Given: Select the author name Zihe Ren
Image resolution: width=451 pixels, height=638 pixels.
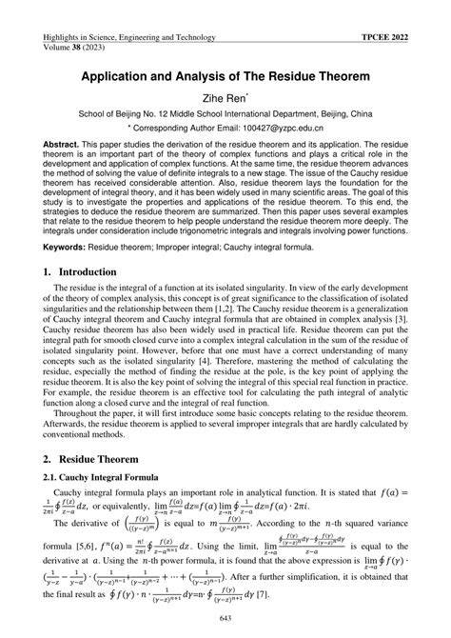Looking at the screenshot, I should point(225,95).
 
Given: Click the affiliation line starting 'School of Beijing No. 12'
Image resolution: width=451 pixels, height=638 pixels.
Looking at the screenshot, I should point(225,111).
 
